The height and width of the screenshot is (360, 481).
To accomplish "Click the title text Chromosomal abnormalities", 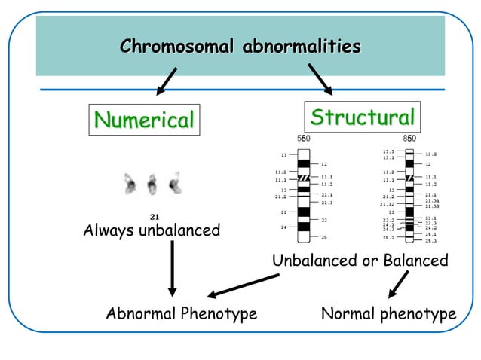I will (x=240, y=47).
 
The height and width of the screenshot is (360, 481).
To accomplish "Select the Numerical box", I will (x=144, y=119).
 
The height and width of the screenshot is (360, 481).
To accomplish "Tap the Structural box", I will (x=363, y=117).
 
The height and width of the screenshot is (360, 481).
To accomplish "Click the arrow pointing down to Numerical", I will (x=167, y=81).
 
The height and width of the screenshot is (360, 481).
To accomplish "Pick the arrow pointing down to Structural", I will (x=320, y=80).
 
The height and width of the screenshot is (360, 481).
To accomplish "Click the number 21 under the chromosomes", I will (x=154, y=216).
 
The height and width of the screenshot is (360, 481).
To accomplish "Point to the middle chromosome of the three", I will (x=152, y=184).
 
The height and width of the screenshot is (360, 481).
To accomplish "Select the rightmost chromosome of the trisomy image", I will (x=175, y=183).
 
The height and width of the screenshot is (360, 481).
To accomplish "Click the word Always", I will (x=108, y=230).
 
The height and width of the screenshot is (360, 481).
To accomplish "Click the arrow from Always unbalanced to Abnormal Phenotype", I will (x=172, y=267).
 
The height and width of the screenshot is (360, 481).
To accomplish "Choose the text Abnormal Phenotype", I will (x=182, y=313).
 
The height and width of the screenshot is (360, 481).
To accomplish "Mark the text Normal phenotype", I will (x=388, y=313).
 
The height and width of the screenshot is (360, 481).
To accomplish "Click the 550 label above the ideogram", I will (x=302, y=139).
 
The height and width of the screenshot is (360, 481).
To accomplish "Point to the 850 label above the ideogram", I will (x=409, y=139).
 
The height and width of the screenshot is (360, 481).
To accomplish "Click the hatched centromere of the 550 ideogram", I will (x=304, y=179).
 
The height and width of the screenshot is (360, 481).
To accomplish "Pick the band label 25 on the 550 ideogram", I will (x=324, y=237).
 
